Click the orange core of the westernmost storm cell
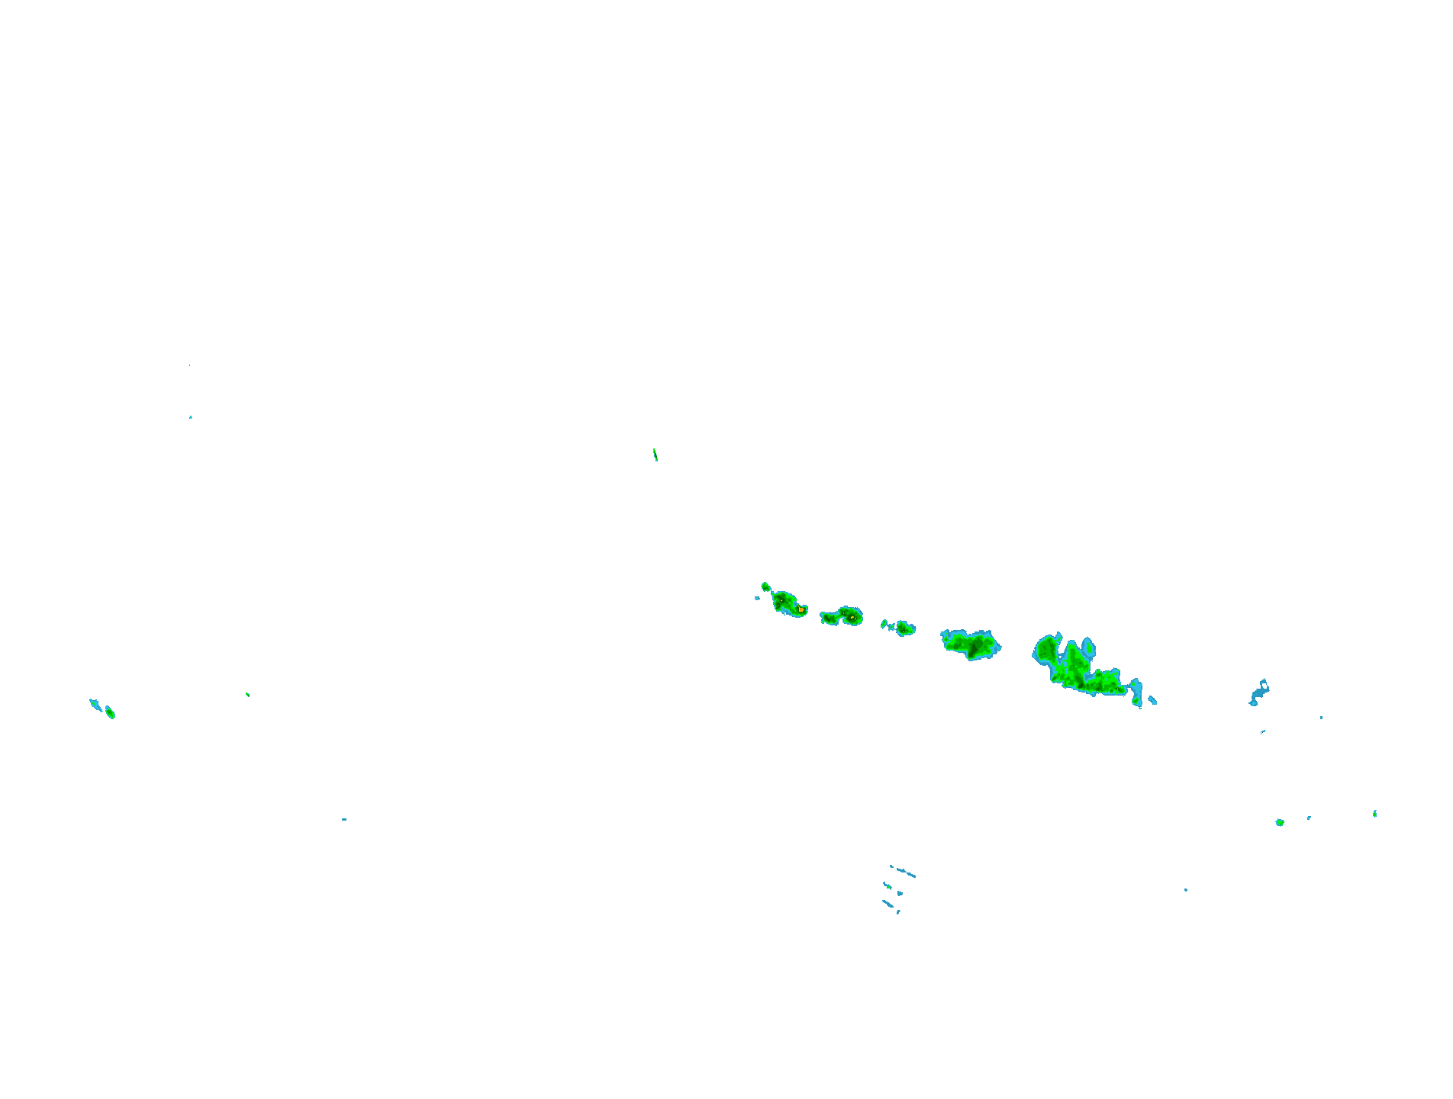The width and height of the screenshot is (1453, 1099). click(801, 609)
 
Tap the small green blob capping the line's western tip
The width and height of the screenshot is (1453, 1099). click(765, 586)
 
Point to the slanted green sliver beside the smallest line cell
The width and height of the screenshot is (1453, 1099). click(884, 624)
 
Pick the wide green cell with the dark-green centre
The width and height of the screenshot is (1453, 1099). click(971, 644)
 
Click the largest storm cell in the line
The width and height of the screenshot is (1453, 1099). click(1076, 667)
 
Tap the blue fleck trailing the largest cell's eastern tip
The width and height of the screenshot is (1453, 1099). click(1152, 699)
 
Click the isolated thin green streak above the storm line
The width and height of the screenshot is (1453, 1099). click(655, 455)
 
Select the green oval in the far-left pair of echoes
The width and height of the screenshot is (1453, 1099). click(110, 712)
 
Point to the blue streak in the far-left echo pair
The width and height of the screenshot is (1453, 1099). click(95, 704)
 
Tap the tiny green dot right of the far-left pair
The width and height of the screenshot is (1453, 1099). click(247, 694)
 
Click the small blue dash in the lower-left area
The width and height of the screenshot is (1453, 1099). click(344, 819)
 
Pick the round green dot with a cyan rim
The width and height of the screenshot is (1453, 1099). click(1280, 822)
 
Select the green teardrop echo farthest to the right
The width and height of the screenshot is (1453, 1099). click(1374, 814)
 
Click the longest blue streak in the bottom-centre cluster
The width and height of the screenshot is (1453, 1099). click(905, 872)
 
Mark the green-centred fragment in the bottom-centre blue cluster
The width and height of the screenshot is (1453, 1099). click(900, 893)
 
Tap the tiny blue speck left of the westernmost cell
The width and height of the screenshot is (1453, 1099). click(757, 598)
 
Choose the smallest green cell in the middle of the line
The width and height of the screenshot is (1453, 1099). click(904, 628)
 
